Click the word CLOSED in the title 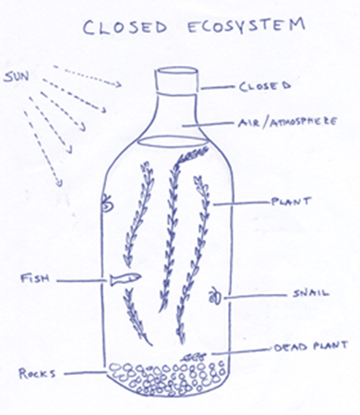coord(125,27)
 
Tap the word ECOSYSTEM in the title coord(245,26)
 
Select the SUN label coord(16,76)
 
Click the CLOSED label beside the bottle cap coord(265,86)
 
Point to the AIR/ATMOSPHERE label coord(288,122)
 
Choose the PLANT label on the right coord(291,202)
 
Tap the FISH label coord(35,278)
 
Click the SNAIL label coord(311,293)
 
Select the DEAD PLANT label coord(311,346)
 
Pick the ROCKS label coord(37,374)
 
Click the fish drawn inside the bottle coord(125,278)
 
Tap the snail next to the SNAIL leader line coord(215,297)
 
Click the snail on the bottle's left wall coord(107,204)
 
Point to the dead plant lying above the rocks coord(193,356)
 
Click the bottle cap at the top coord(177,80)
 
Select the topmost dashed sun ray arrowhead coord(117,84)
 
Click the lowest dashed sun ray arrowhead coord(60,182)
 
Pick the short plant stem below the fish coord(136,318)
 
